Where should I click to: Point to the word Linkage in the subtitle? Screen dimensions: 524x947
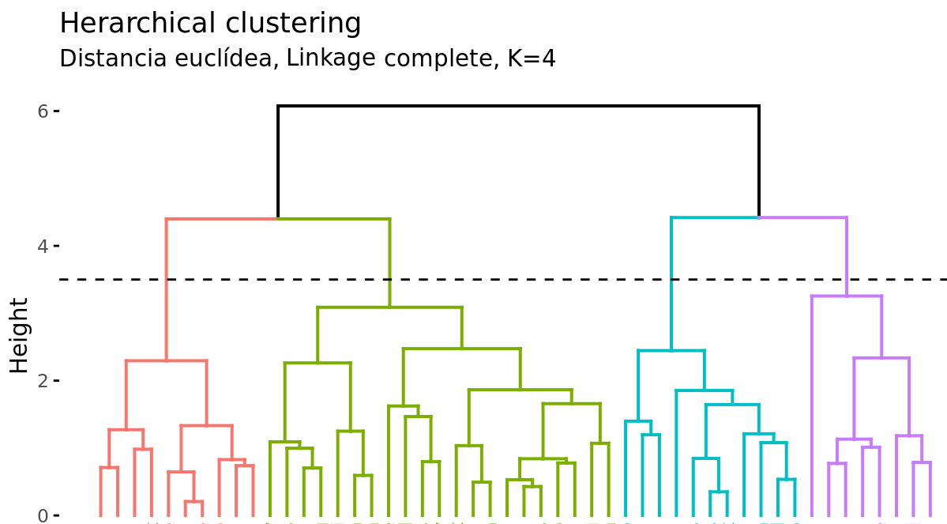pos(325,58)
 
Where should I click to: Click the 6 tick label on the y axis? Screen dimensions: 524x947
pos(43,111)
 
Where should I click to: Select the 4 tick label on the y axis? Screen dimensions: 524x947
pos(43,246)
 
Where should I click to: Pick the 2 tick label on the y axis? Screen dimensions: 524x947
pos(43,380)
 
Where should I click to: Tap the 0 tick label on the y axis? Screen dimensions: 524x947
pos(43,515)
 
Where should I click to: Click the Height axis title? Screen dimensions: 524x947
pos(19,334)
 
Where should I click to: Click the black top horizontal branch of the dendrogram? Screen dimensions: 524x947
pos(518,106)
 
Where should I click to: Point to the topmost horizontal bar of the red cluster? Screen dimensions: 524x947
pos(167,361)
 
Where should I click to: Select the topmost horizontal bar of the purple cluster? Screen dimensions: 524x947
pos(847,296)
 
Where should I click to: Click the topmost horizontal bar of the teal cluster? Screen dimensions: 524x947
pos(671,351)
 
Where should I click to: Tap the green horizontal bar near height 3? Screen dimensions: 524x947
pos(389,307)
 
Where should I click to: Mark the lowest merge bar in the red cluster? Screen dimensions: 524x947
pos(194,502)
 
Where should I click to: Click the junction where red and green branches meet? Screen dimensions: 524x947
pos(278,218)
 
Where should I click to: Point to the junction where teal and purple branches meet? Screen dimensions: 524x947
pos(759,217)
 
